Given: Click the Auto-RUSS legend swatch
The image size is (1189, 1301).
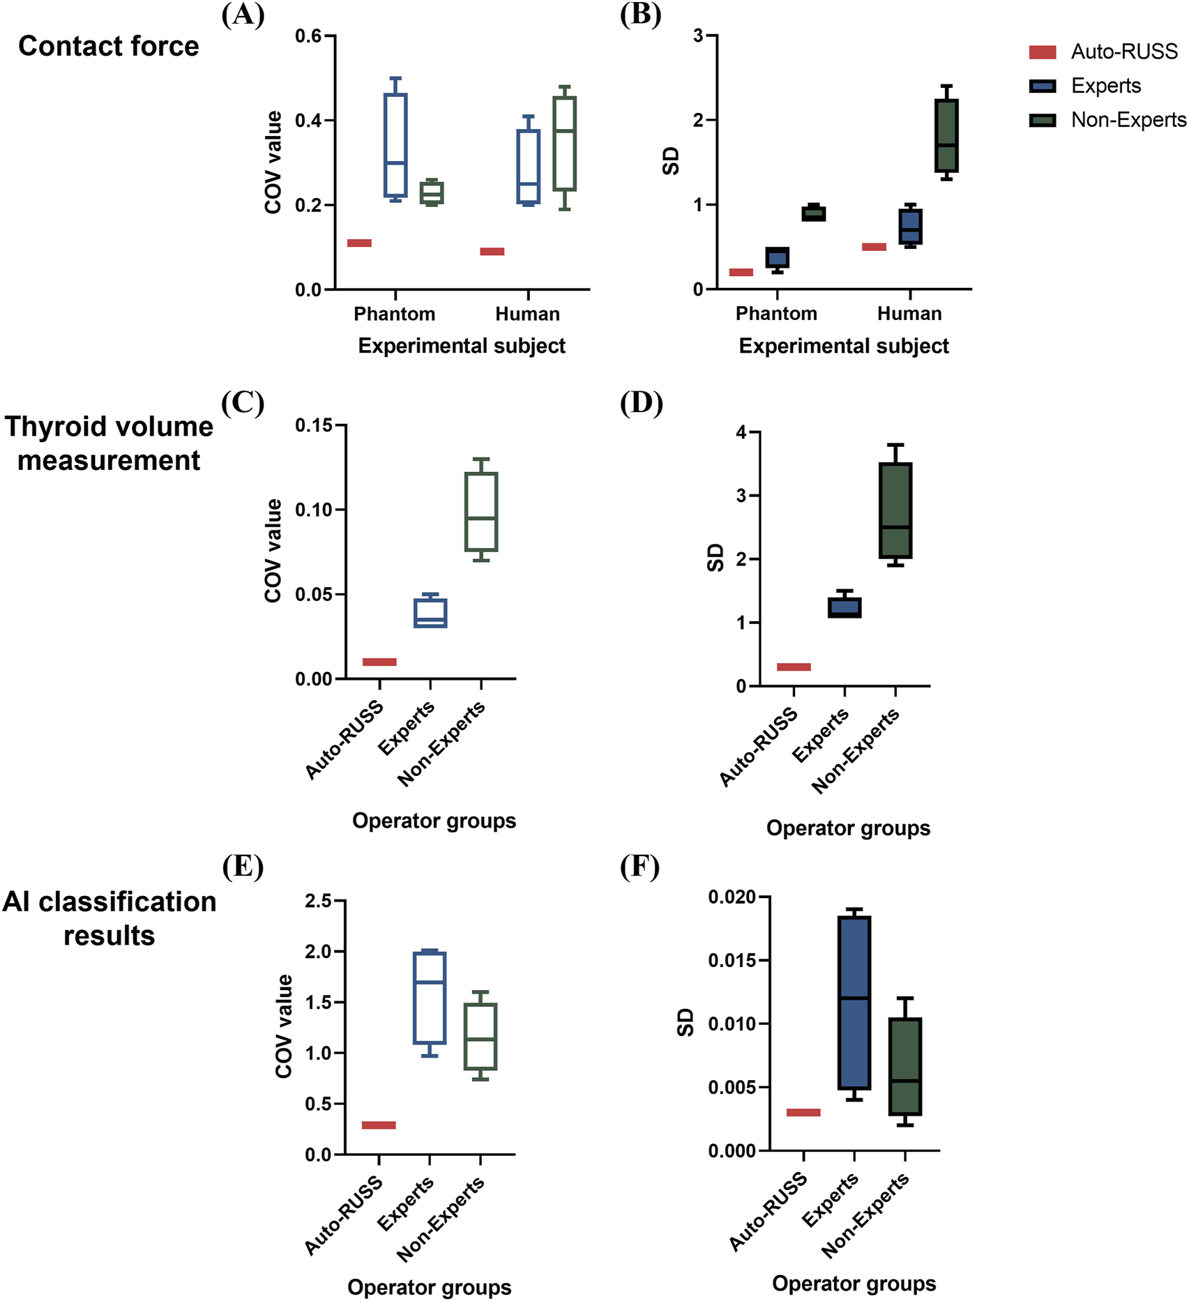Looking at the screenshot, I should point(1042,52).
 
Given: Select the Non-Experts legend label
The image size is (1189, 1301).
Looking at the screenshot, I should point(1128,120).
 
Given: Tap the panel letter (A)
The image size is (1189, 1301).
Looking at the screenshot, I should point(243,15).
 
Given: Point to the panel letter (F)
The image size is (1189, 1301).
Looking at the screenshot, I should point(639,867).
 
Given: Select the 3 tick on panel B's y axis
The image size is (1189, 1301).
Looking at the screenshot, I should point(698,36).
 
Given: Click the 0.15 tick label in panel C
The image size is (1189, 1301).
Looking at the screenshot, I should point(314,425).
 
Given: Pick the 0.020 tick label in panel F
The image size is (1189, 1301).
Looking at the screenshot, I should point(732,897).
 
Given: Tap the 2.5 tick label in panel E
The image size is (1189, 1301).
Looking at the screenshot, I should point(319,901).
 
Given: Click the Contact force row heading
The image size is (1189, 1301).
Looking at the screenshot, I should point(109,46).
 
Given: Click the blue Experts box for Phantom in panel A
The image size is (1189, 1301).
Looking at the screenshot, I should point(395,145).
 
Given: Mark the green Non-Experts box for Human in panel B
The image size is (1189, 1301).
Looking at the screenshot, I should point(946,135).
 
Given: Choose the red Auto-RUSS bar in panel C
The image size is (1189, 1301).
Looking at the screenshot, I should point(379,662).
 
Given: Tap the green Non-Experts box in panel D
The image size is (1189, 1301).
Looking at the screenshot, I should point(895,510).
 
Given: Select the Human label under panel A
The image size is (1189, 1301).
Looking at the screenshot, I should point(527,314).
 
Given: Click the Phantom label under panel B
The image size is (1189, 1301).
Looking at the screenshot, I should point(776,314).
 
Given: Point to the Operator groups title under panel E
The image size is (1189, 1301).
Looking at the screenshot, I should point(430,1287).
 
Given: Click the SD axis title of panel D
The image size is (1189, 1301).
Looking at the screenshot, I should point(715,558).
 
